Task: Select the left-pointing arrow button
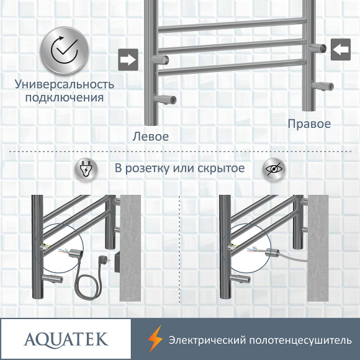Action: click(340, 50)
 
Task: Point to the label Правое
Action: click(309, 124)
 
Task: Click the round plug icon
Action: click(86, 169)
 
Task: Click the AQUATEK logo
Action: click(65, 339)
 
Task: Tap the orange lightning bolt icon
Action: click(154, 339)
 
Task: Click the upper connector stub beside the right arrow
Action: click(164, 60)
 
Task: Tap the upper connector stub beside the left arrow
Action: click(318, 48)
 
